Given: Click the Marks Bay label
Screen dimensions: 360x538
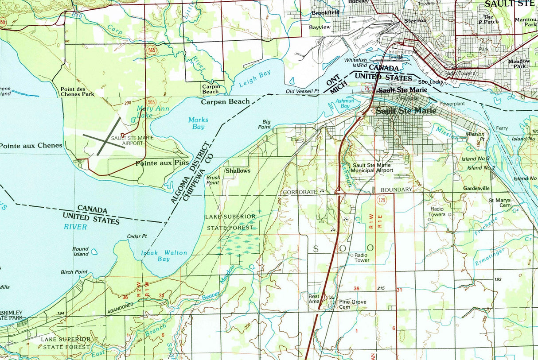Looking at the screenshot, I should point(198,123).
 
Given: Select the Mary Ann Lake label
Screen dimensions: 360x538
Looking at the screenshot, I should point(147,112).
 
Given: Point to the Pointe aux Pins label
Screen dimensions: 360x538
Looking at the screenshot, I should point(159,163).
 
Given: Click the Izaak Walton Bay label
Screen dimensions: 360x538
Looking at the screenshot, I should point(164,256).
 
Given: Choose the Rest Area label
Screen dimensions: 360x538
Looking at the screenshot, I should point(314,299).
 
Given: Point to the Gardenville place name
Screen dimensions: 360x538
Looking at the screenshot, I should point(476,188).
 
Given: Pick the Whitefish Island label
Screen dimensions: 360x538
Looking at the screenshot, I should point(356,62).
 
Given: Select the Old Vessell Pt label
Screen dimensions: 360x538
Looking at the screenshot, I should point(303,91).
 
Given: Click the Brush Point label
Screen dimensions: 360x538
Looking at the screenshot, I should point(213,180).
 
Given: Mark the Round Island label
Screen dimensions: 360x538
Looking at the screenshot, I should point(81,252).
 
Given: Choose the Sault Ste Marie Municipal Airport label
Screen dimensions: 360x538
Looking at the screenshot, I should point(371,167).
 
